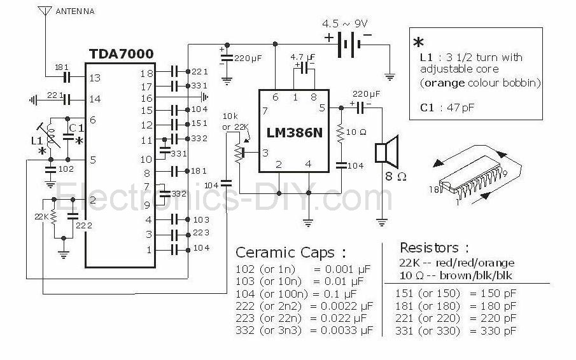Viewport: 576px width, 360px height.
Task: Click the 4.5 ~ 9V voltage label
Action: coord(345,24)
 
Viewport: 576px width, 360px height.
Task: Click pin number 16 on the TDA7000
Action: coord(146,98)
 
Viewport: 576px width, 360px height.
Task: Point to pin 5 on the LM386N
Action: coord(322,108)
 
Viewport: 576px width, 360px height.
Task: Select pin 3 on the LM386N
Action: coord(265,152)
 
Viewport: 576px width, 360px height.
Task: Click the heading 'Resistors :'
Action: coord(434,247)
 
